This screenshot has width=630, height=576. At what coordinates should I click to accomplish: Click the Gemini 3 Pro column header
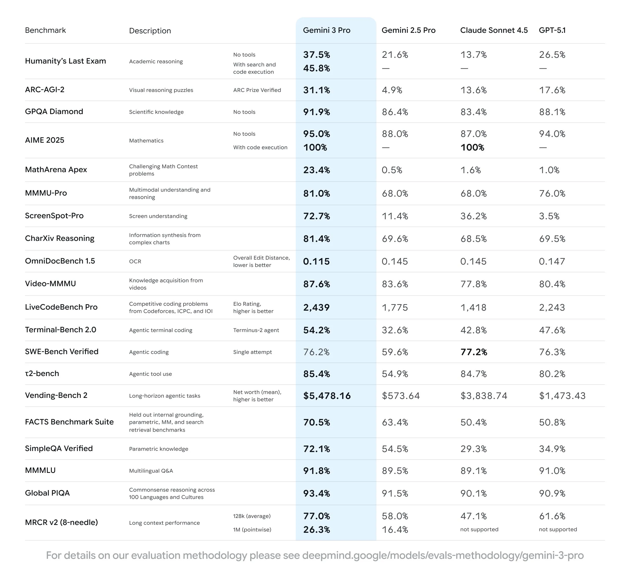point(326,30)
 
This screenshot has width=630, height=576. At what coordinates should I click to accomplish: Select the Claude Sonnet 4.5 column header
point(494,30)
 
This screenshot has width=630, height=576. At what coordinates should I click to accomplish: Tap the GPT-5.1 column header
point(552,30)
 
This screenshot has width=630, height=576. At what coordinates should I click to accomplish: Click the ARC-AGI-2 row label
point(45,90)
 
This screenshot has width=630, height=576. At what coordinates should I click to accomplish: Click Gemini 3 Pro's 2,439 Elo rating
point(316,308)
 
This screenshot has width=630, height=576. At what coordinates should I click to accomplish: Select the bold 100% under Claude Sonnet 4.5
point(472,148)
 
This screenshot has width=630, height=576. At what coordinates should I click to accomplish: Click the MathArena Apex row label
point(56,170)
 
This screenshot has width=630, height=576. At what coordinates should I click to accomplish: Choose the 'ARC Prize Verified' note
point(257,90)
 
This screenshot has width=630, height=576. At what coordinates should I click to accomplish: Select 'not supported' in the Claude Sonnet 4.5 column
point(479,529)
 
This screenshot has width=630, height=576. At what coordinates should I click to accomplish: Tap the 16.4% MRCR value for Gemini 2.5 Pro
point(395,530)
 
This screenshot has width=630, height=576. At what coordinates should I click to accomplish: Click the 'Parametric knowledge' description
point(159,449)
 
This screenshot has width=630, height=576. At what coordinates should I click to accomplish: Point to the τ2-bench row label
point(42,373)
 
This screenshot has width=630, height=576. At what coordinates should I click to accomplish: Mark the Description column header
point(150,31)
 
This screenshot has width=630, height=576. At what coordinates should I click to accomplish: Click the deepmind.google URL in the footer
point(443,555)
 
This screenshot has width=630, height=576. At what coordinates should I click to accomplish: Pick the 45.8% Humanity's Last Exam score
point(316,68)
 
